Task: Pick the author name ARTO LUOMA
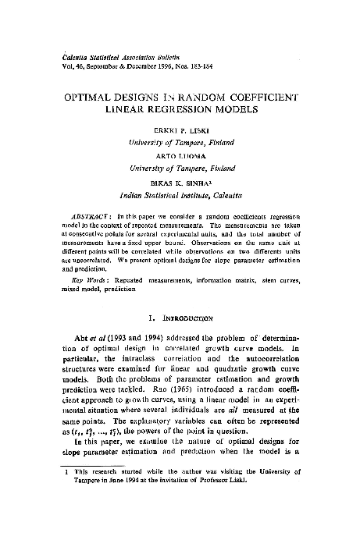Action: tap(180, 155)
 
